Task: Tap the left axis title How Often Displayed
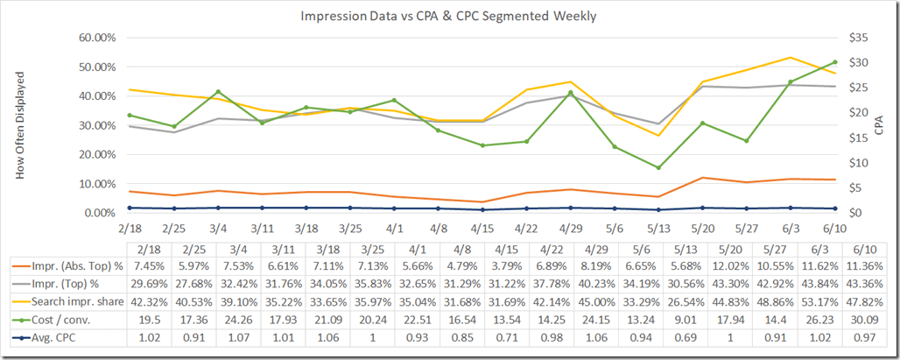click(20, 124)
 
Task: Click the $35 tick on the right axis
click(856, 38)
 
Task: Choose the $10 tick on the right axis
click(856, 163)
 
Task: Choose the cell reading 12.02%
click(700, 265)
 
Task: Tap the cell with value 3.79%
click(477, 265)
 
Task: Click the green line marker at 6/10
click(834, 62)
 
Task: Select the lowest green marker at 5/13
click(658, 167)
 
